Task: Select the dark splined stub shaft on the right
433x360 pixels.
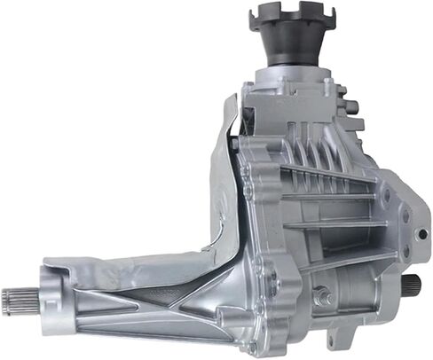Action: coord(411,285)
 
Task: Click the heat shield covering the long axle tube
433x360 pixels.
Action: coord(133,265)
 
